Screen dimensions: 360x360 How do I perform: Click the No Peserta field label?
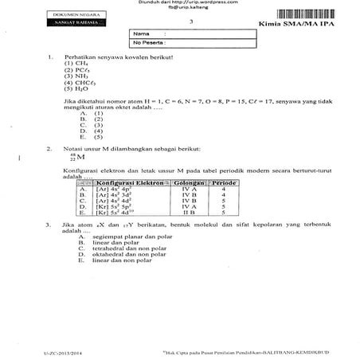tap(149, 44)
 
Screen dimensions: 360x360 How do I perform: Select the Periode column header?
tap(224, 183)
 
